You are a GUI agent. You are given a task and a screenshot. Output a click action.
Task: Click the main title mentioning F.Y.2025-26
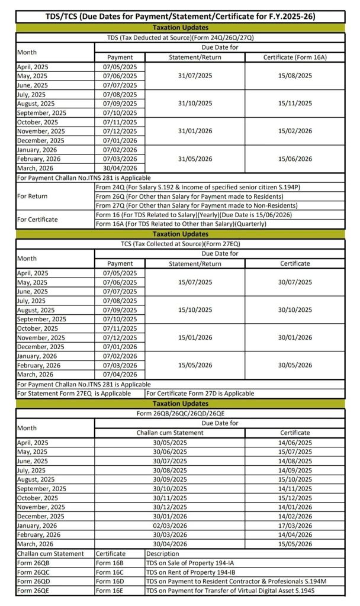click(180, 17)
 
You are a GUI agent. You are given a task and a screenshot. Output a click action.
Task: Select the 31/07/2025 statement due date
click(195, 76)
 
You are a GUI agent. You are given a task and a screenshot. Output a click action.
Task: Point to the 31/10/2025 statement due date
click(195, 103)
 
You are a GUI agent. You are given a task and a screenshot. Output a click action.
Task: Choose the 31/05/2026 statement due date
click(195, 159)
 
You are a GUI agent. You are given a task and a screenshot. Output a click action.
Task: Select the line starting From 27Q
click(204, 205)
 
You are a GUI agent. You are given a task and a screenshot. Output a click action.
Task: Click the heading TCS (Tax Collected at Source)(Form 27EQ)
click(180, 243)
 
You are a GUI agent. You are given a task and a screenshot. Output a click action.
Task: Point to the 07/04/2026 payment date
click(120, 374)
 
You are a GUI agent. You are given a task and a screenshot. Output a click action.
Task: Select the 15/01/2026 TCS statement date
click(195, 337)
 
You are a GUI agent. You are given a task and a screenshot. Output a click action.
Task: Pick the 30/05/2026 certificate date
click(295, 365)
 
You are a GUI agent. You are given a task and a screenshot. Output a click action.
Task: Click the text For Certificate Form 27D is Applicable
click(200, 393)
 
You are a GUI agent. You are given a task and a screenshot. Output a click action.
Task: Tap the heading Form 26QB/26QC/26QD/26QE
click(180, 413)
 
